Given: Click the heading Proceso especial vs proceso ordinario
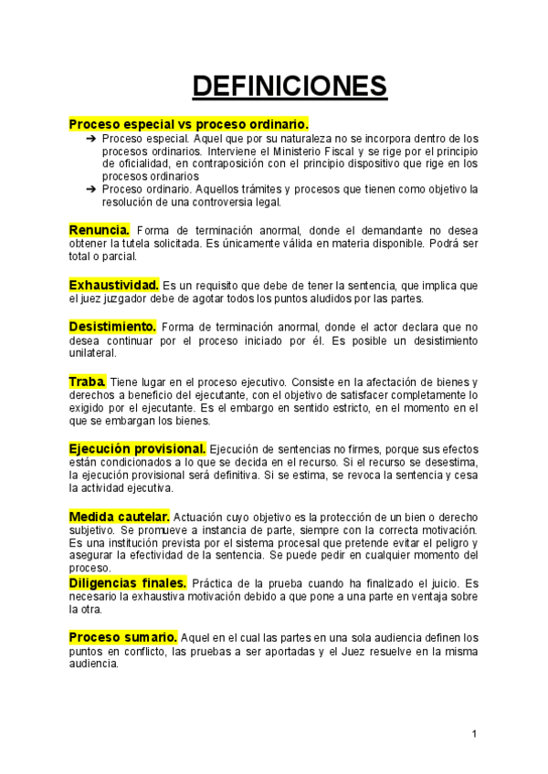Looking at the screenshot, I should [189, 123].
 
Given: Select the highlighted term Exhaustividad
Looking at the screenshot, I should [114, 285].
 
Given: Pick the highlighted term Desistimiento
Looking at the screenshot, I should [112, 327].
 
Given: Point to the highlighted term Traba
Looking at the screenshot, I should [88, 381].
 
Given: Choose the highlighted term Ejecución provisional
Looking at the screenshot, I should [137, 448].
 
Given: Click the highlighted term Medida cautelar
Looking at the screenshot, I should [119, 517].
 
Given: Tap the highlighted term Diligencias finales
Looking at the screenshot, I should [128, 582].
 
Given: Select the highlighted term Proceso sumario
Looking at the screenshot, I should [123, 636].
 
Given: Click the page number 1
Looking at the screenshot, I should [475, 735].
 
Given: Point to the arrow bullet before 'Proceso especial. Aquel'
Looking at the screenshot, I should [91, 137].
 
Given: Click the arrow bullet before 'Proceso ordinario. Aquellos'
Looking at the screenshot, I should [91, 189].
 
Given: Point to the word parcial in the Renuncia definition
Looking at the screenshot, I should [125, 257].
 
